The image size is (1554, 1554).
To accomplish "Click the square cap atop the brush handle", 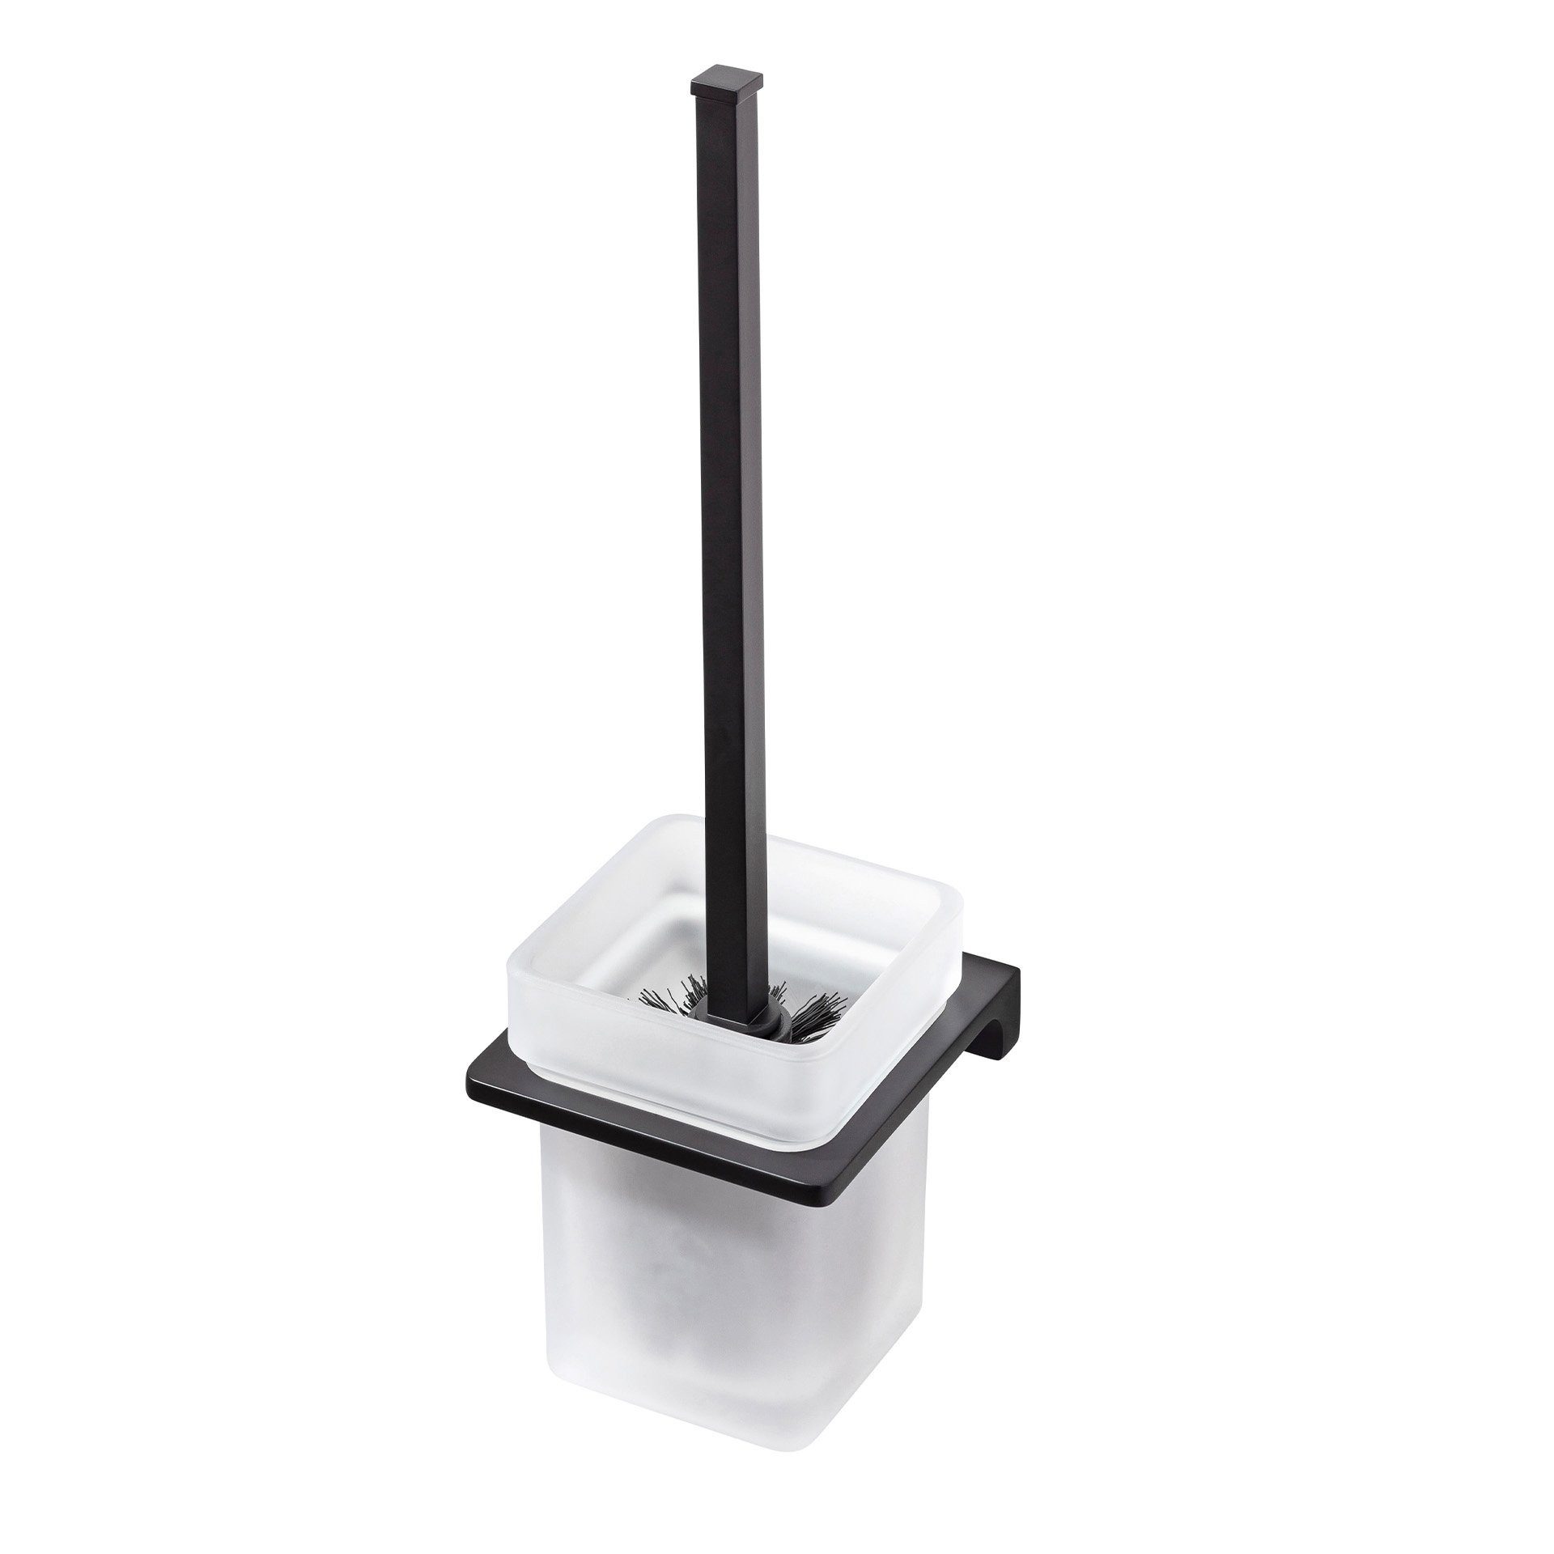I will (x=728, y=85).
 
